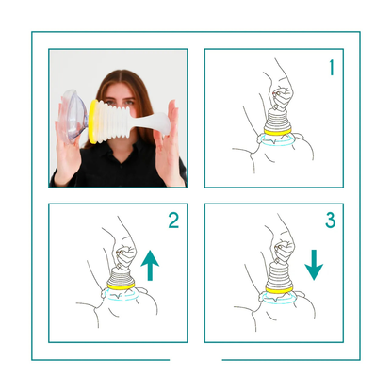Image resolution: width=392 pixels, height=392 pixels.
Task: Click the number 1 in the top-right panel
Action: (x=332, y=68)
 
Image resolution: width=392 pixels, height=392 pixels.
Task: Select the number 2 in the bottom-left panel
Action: (x=173, y=220)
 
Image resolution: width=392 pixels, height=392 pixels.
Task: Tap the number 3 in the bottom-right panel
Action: (x=331, y=220)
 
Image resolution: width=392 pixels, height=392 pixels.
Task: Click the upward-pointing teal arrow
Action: (x=150, y=266)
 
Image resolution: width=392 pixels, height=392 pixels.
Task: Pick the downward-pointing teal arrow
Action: (x=314, y=265)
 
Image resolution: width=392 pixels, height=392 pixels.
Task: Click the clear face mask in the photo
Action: (x=73, y=116)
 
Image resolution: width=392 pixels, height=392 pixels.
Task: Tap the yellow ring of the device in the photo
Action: (x=92, y=122)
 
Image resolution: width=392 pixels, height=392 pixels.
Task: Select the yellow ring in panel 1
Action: (x=277, y=132)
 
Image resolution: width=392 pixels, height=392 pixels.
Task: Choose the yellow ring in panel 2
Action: (x=121, y=286)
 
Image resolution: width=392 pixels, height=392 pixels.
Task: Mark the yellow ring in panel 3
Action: (x=278, y=289)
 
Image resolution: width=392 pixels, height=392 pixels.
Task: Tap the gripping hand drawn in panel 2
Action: (x=125, y=255)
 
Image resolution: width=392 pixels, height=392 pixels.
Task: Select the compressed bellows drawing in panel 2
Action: (x=121, y=276)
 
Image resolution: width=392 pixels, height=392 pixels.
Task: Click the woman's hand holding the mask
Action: (x=67, y=151)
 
